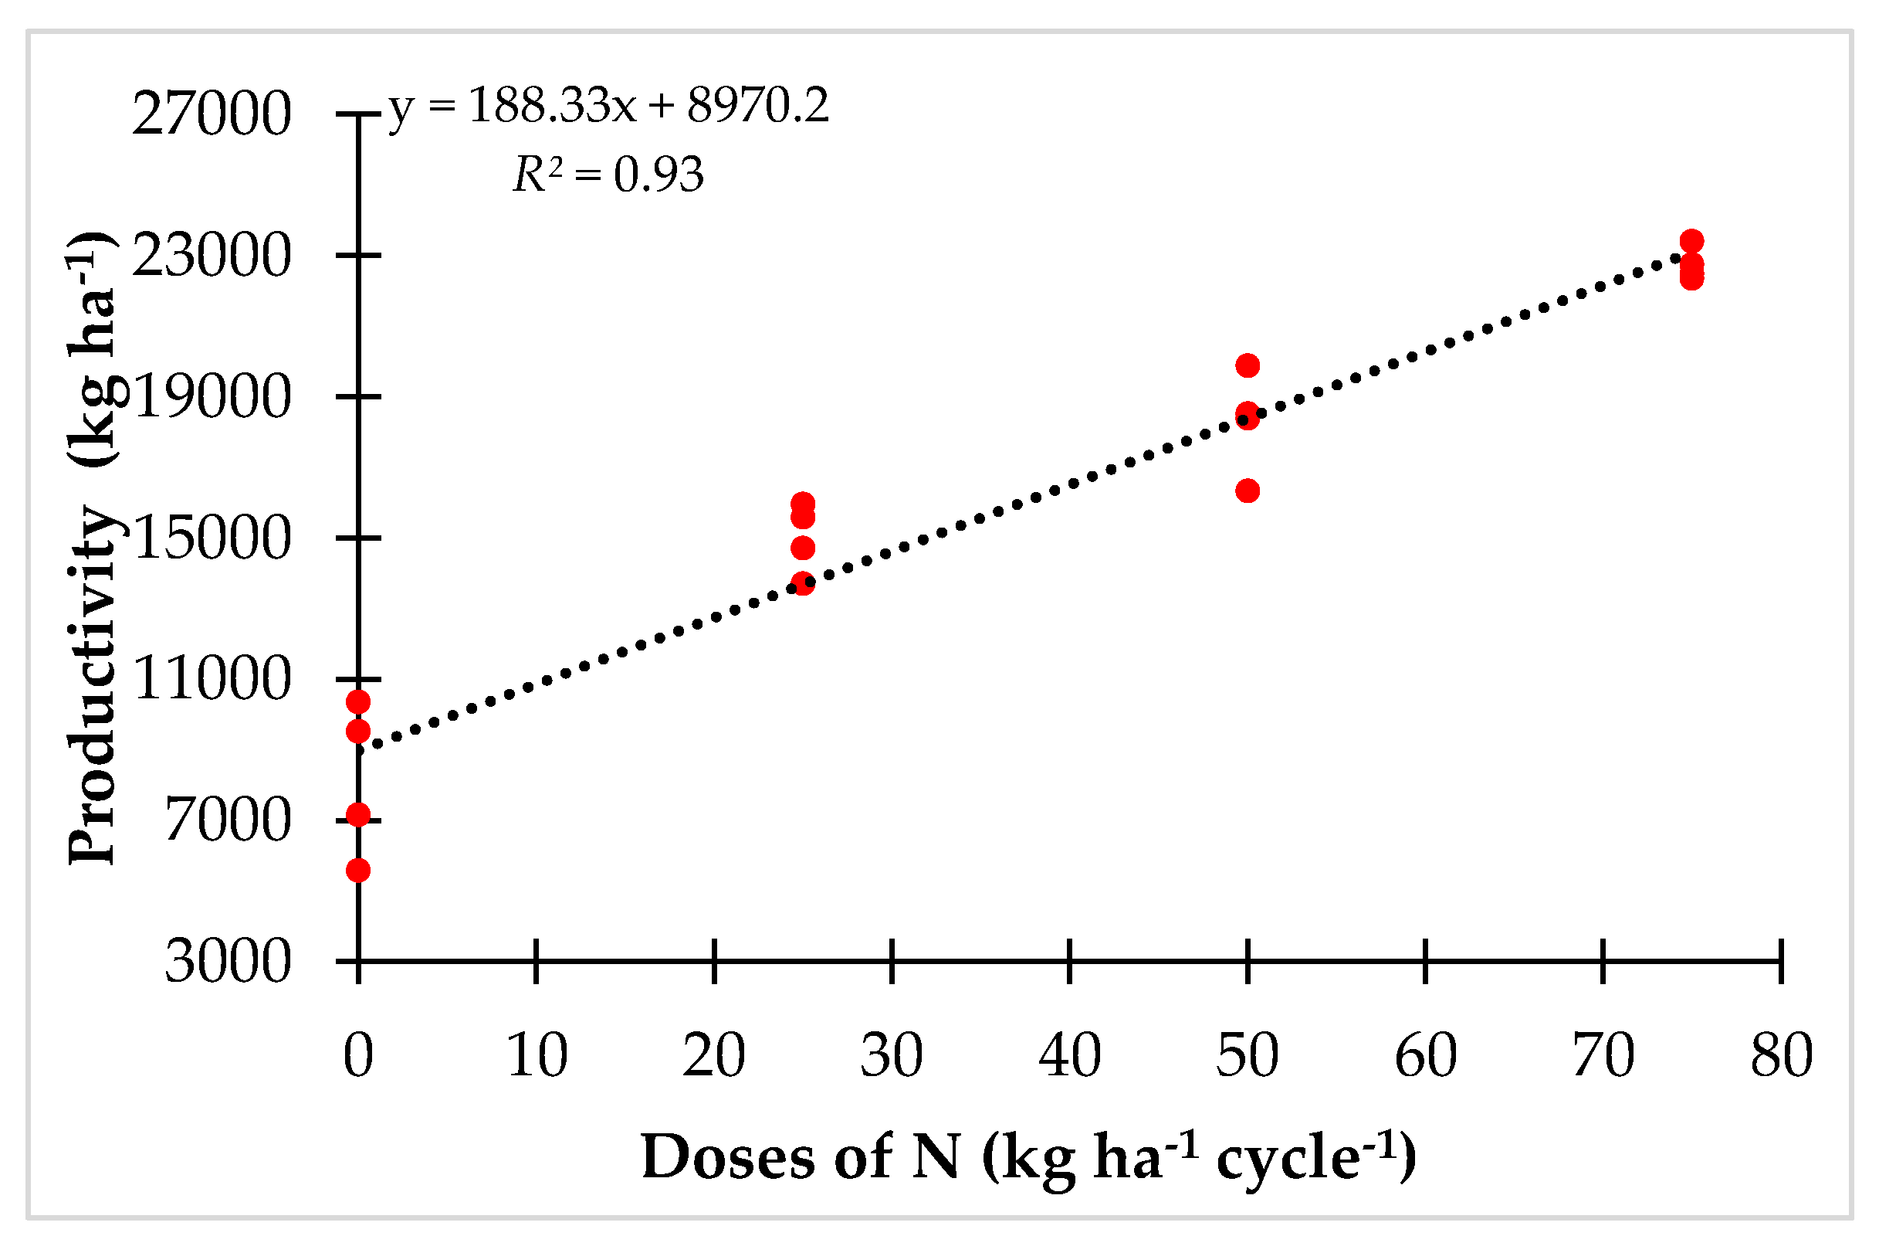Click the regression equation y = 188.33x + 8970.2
coord(608,106)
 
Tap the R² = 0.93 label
coord(608,175)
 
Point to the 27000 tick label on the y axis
coord(212,114)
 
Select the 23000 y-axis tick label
coord(212,256)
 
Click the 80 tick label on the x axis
coord(1782,1056)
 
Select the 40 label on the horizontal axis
coord(1070,1056)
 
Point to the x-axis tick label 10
coord(537,1056)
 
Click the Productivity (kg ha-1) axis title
coord(93,548)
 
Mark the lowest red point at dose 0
coord(358,871)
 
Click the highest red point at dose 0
coord(358,702)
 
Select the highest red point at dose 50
coord(1248,365)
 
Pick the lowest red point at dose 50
coord(1248,491)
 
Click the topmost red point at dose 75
coord(1692,242)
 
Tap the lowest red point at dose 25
coord(803,584)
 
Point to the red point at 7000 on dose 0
coord(358,815)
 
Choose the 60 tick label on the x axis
coord(1426,1056)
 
